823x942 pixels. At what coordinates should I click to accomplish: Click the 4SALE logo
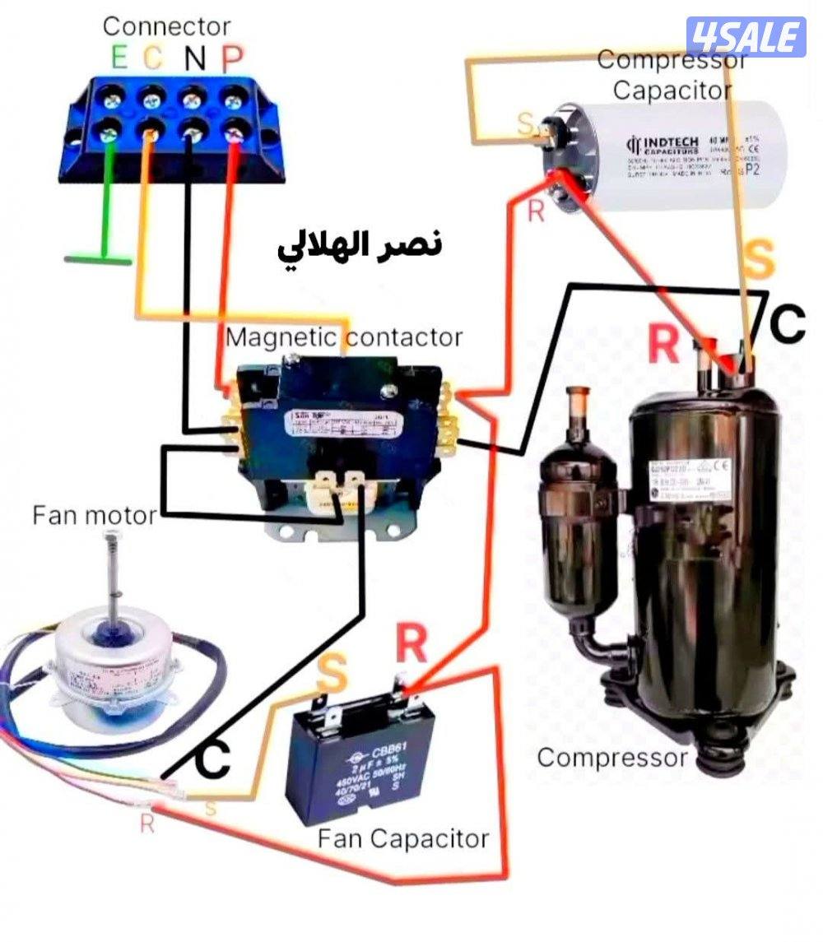[746, 36]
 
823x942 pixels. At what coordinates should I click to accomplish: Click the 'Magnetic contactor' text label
[344, 337]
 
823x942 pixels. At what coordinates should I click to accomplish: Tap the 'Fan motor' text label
[94, 516]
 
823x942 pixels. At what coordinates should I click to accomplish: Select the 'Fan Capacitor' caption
[403, 839]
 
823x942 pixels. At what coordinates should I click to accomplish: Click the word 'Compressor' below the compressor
[611, 757]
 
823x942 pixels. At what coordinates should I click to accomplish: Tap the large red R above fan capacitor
[411, 644]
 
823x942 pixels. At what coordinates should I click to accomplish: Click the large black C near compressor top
[787, 325]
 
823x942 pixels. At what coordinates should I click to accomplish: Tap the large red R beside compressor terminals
[663, 345]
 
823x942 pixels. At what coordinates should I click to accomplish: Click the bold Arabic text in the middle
[357, 244]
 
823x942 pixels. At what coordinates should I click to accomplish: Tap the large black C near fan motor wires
[213, 761]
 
